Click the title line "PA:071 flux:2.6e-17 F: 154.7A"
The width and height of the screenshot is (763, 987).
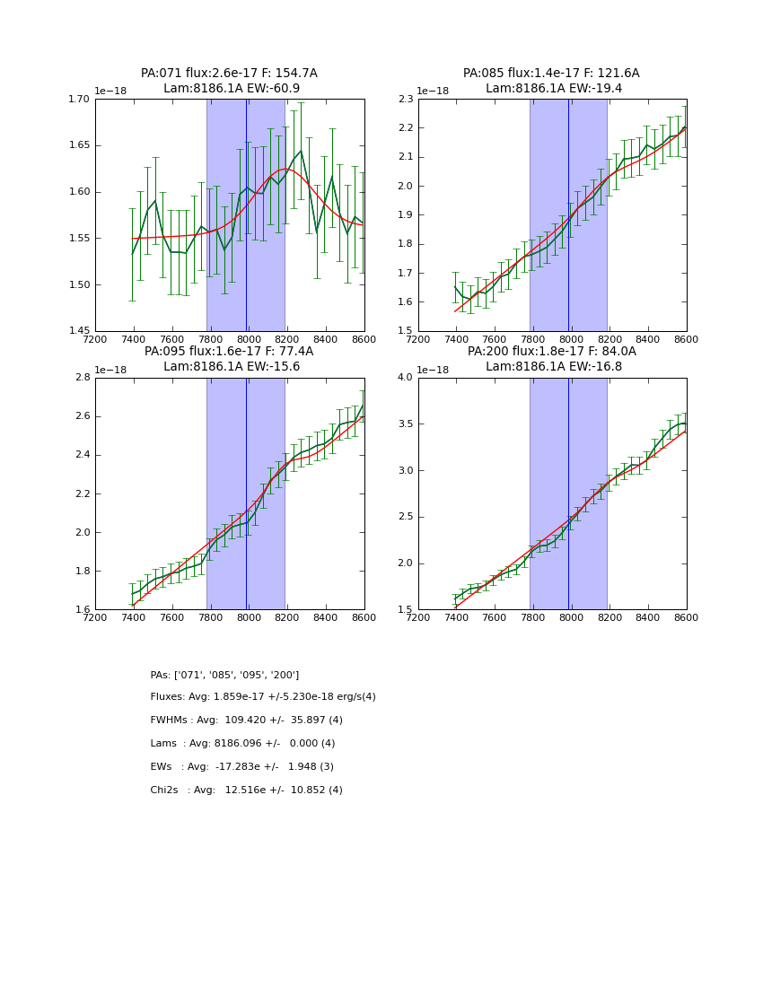(x=229, y=74)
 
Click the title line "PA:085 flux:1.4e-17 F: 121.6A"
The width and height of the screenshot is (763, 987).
(x=551, y=74)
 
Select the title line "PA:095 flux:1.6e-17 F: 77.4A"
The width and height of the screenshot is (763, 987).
(x=229, y=352)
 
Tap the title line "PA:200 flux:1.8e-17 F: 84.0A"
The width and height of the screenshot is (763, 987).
(x=551, y=352)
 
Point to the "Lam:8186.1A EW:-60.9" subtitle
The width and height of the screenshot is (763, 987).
(x=232, y=89)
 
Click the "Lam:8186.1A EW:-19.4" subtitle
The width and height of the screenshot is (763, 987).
(x=554, y=89)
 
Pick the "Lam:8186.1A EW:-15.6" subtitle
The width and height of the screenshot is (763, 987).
(x=232, y=367)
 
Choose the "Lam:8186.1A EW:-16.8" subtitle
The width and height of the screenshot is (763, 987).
(x=554, y=367)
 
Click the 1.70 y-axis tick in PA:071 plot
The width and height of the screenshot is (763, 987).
(x=80, y=100)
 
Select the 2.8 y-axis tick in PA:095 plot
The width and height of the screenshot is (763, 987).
(x=83, y=378)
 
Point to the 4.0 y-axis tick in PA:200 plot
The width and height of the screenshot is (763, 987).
(x=405, y=378)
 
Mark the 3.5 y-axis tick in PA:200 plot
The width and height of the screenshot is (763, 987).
(x=405, y=424)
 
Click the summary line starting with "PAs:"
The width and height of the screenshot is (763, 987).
(x=224, y=675)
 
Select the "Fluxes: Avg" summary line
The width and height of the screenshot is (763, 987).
(x=263, y=697)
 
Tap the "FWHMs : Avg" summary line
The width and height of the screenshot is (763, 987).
(x=247, y=721)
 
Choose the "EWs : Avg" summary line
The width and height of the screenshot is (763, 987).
(x=242, y=767)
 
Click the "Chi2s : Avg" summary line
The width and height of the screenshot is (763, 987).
(x=247, y=790)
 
